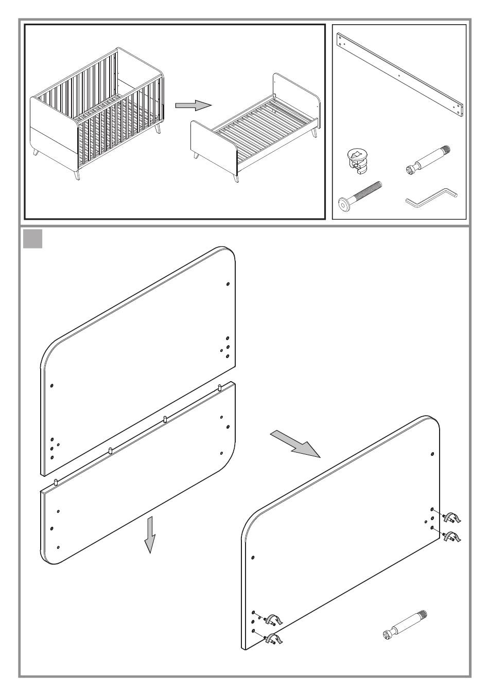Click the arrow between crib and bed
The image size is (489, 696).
[193, 105]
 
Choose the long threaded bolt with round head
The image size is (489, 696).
[359, 195]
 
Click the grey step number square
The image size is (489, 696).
[33, 239]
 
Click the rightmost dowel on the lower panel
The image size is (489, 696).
[219, 386]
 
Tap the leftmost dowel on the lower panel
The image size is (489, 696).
[56, 482]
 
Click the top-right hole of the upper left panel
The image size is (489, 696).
[228, 284]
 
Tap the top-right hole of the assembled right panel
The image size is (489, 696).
[432, 454]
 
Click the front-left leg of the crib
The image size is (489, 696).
[77, 175]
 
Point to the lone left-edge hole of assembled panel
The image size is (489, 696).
[253, 557]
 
